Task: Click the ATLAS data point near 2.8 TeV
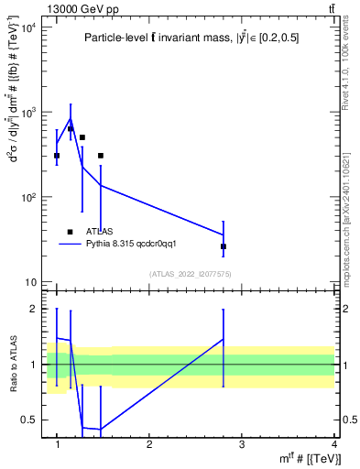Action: (224, 246)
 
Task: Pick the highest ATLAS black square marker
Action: (71, 129)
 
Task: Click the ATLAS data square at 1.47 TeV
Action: (101, 156)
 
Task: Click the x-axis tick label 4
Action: (334, 444)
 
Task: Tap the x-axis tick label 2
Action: (149, 444)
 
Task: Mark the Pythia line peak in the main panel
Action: (71, 118)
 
